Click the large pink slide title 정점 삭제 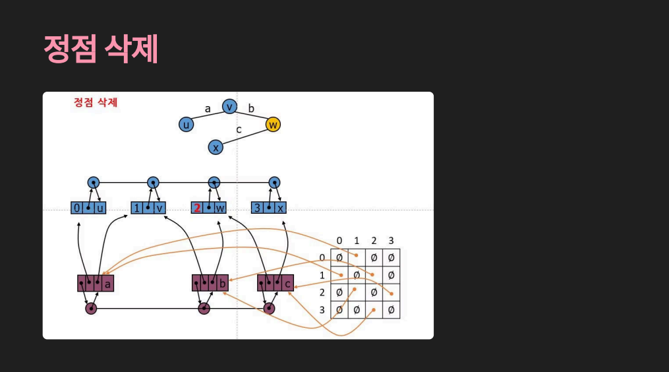pos(101,49)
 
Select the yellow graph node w pos(273,124)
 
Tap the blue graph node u pos(187,124)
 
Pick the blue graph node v pos(229,106)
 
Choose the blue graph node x pos(216,147)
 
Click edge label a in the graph pos(208,109)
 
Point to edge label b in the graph pos(251,108)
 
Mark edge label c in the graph pos(239,130)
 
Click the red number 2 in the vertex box pos(197,208)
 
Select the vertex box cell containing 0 pos(77,208)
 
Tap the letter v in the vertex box pos(160,208)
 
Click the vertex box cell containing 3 pos(258,208)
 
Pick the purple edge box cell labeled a pos(107,284)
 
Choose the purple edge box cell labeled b pos(222,284)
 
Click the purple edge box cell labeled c pos(287,284)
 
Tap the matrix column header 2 pos(374,241)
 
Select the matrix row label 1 pos(322,274)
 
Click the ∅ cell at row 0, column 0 pos(339,257)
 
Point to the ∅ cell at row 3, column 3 pos(391,309)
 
